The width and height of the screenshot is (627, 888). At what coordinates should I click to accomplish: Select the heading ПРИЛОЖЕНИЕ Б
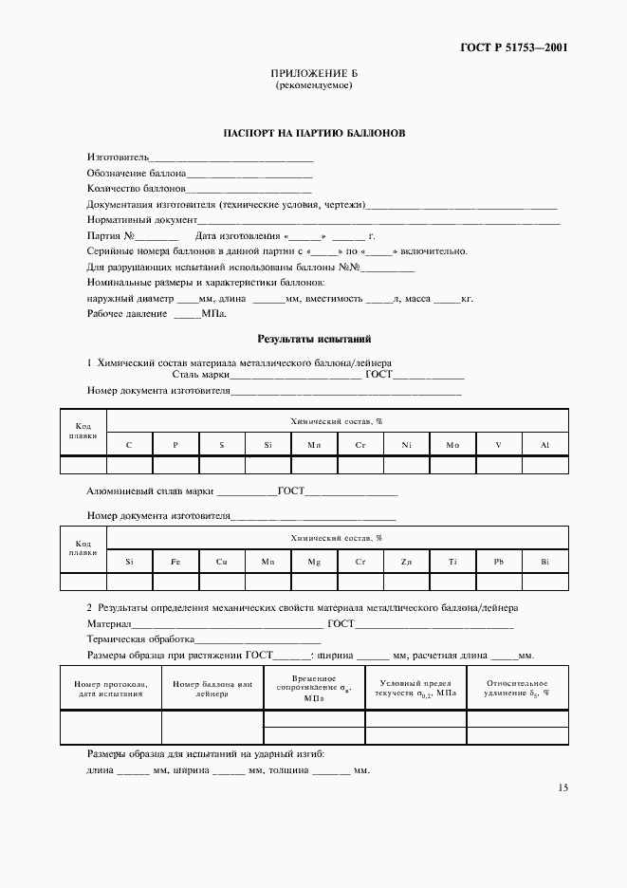313,73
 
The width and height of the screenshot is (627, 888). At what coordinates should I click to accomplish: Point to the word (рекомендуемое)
313,85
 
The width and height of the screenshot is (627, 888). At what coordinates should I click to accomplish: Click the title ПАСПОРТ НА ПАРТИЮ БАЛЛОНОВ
313,134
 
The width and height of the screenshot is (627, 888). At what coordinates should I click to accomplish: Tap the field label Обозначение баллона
136,173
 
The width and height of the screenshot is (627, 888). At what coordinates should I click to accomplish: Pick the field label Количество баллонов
136,189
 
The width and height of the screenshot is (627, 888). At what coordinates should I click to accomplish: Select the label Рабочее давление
127,313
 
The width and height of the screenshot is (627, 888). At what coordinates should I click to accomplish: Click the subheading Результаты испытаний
313,339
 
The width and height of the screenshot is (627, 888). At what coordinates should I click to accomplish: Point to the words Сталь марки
201,375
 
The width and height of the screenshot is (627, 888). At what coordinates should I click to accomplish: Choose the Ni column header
406,444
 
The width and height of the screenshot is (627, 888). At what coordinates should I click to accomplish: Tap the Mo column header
452,444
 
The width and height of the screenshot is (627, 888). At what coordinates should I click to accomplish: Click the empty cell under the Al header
544,464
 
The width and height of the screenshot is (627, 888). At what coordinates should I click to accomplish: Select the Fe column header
175,562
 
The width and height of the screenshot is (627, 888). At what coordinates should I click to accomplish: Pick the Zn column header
406,562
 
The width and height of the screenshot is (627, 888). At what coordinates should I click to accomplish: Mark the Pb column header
498,562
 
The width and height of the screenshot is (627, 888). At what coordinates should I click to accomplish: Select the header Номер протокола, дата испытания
110,688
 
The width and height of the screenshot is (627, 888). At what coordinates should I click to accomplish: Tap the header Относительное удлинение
517,688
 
